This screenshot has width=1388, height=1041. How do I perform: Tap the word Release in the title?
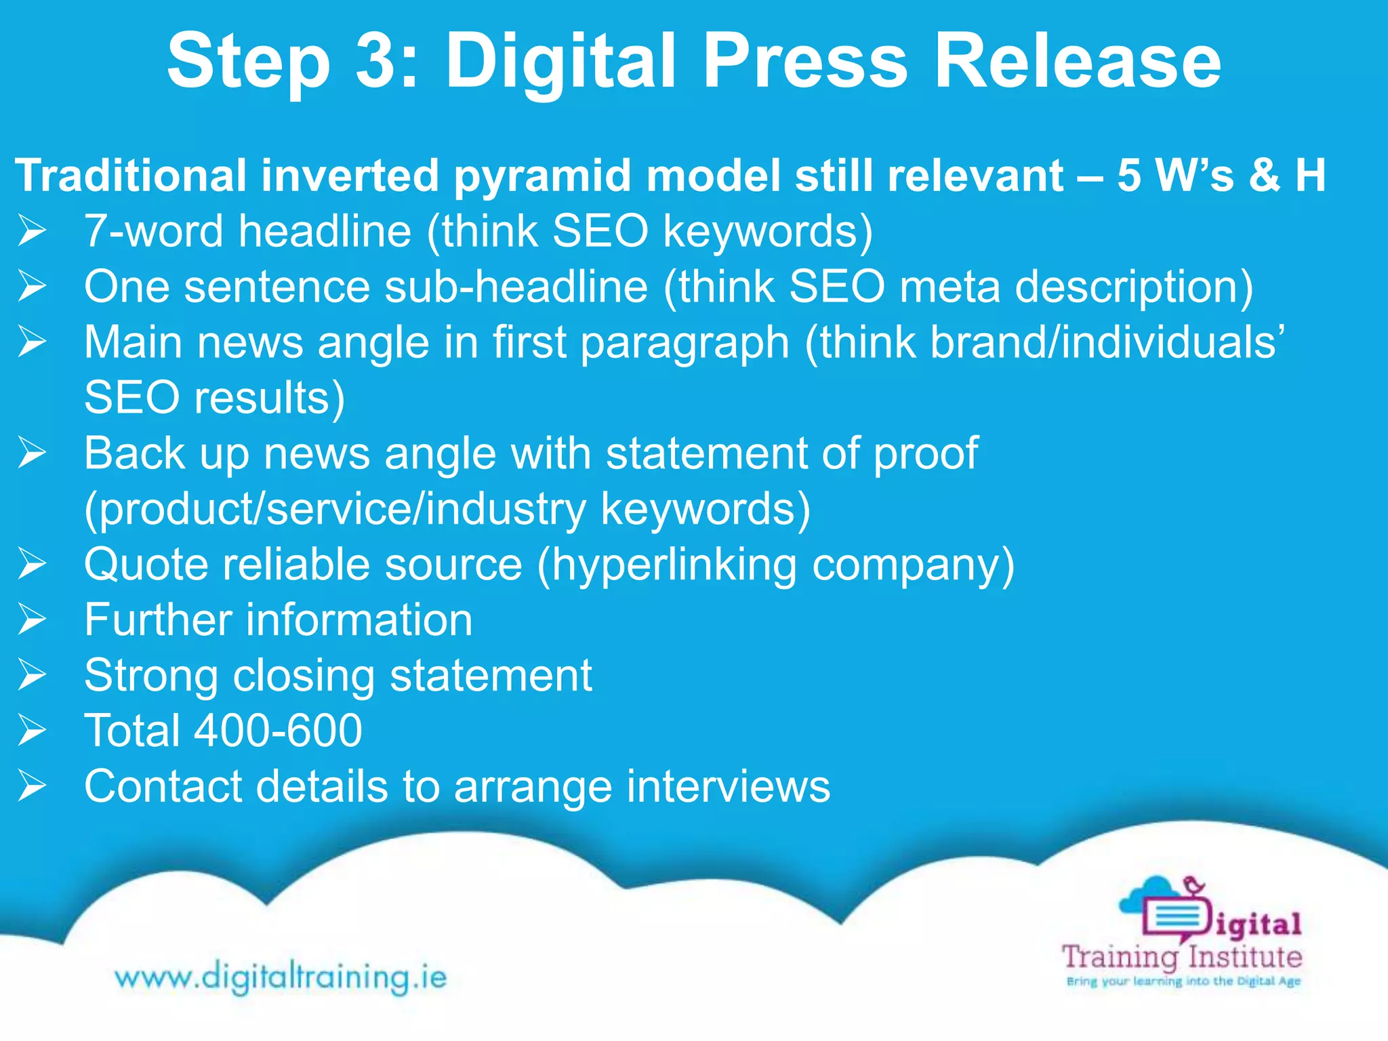click(x=1077, y=62)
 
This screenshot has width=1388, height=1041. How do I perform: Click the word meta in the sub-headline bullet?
click(x=950, y=287)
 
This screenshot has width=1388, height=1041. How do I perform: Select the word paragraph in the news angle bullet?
click(x=685, y=343)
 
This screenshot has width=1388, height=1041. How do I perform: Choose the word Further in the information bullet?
click(x=158, y=620)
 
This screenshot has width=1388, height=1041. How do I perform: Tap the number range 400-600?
click(x=278, y=731)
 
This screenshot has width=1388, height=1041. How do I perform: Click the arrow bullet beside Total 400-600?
click(x=32, y=731)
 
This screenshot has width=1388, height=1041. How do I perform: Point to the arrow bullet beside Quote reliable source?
click(x=32, y=564)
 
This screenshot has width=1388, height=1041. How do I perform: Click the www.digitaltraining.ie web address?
click(x=281, y=977)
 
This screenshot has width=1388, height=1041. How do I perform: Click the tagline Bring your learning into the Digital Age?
click(x=1183, y=981)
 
